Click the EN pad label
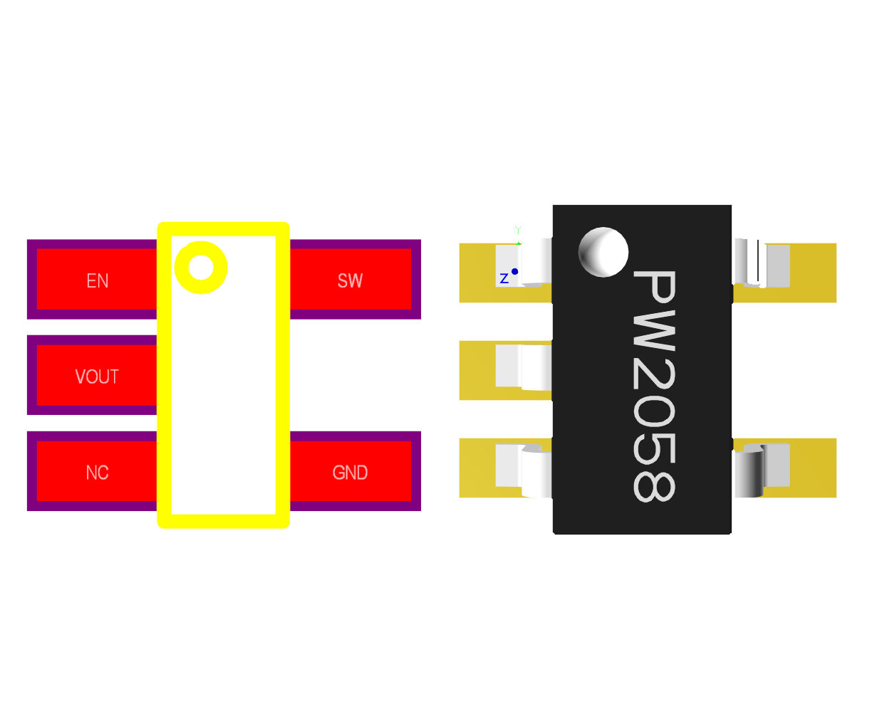pyautogui.click(x=98, y=280)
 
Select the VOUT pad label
pyautogui.click(x=97, y=377)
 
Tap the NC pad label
pyautogui.click(x=97, y=473)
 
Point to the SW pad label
pyautogui.click(x=350, y=280)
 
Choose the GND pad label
pyautogui.click(x=350, y=473)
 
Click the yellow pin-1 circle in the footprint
pyautogui.click(x=201, y=268)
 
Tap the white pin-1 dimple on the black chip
pyautogui.click(x=603, y=252)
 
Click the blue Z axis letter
pyautogui.click(x=504, y=278)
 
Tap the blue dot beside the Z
pyautogui.click(x=514, y=271)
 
